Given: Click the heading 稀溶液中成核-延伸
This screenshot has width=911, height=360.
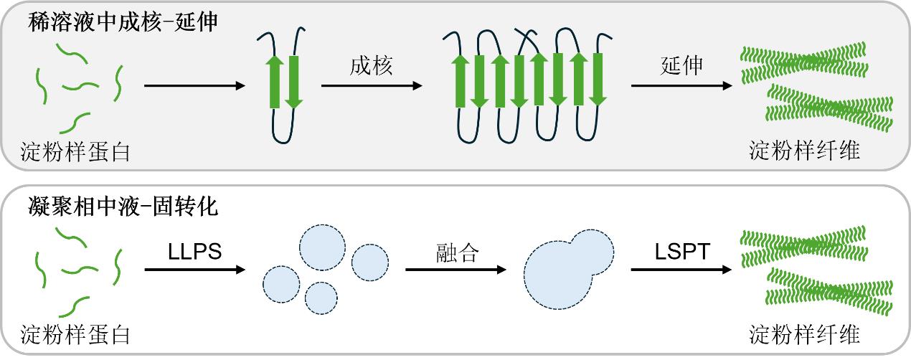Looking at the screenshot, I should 123,22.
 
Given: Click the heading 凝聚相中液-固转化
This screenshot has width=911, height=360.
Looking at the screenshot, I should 123,208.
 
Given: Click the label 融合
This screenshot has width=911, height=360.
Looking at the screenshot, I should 456,252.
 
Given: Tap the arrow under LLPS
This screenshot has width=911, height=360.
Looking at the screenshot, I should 194,270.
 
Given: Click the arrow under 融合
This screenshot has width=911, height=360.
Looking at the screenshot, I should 456,270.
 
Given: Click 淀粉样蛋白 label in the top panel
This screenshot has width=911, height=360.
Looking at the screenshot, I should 75,151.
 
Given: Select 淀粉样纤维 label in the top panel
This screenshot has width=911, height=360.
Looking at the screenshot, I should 804,151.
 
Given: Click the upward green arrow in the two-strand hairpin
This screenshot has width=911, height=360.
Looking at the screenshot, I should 274,82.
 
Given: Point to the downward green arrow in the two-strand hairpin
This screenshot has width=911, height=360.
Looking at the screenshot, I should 293,82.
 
